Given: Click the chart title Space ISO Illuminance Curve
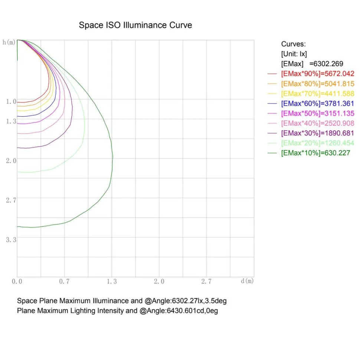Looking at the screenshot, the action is tap(135, 25).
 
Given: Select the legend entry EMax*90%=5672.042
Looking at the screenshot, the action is tap(318, 74).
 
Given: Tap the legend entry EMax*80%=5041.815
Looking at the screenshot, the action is tap(318, 84).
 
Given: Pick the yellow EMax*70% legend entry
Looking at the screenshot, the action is tap(318, 94).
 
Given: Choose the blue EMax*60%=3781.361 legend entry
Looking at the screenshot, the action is tap(318, 103).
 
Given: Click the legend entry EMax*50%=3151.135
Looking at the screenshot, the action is tap(318, 113).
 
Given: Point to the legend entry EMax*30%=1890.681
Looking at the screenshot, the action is tap(318, 133).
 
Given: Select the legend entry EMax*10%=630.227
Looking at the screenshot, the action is tap(315, 153).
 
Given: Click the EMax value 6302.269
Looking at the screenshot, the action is tap(328, 63).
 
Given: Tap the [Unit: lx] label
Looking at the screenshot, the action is tap(294, 54).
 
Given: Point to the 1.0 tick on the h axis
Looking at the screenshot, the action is tap(11, 101).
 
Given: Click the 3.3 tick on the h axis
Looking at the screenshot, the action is tap(11, 240).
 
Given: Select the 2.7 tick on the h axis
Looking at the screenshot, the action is tap(11, 200).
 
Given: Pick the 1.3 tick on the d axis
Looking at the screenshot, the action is tap(112, 281).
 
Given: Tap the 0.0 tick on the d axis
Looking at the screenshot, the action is tap(17, 281).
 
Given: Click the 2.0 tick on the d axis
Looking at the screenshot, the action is tap(159, 281).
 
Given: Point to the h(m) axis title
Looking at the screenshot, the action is tap(9, 42).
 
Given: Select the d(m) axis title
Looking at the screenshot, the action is tap(247, 281).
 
